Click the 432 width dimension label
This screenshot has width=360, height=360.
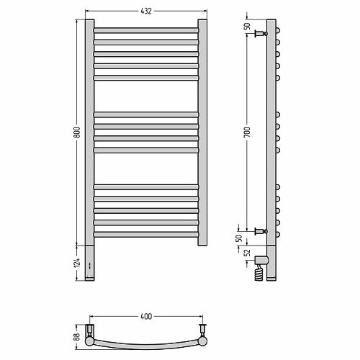(146, 11)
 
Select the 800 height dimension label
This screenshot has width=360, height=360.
(76, 132)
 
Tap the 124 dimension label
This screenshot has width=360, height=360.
(76, 263)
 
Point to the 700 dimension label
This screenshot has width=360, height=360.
(247, 132)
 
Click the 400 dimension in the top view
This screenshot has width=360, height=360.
(146, 316)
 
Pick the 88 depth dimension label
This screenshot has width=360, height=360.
(76, 337)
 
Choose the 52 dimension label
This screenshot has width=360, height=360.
(247, 253)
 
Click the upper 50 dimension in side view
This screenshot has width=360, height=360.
(247, 26)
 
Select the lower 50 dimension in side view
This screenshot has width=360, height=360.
(239, 238)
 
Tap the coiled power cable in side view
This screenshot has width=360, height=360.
(260, 273)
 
